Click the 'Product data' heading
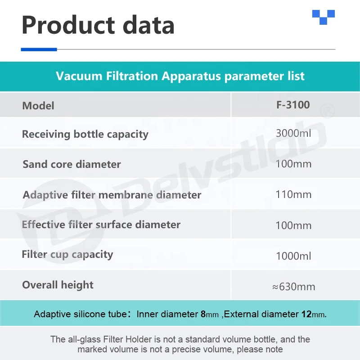tap(98, 25)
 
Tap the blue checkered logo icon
tap(324, 17)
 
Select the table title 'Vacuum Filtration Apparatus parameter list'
tap(180, 76)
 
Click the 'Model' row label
tap(38, 106)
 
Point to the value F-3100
tap(293, 105)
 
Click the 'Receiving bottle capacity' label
tap(85, 134)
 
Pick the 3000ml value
tap(293, 133)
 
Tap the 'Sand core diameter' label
tap(72, 164)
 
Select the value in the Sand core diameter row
tap(293, 164)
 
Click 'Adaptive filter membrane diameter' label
tap(112, 195)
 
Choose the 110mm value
tap(293, 194)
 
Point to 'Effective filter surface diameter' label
tap(101, 225)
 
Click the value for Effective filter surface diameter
tap(293, 225)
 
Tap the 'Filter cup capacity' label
tap(67, 255)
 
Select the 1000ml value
tap(293, 256)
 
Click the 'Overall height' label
tap(58, 285)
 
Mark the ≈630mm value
tap(293, 287)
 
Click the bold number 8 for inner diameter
tap(203, 314)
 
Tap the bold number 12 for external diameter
tap(306, 314)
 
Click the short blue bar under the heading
tap(39, 49)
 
